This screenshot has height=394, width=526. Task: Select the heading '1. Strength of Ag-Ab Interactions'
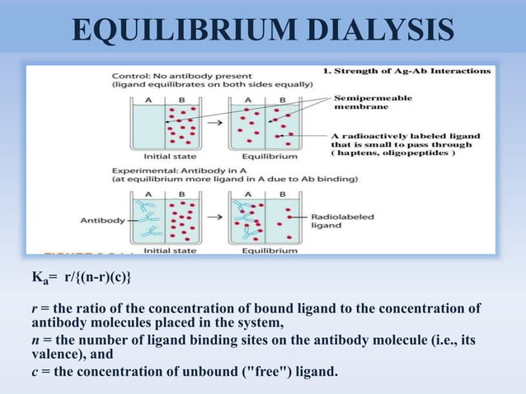(x=407, y=71)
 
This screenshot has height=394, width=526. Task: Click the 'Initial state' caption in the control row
(x=170, y=154)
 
